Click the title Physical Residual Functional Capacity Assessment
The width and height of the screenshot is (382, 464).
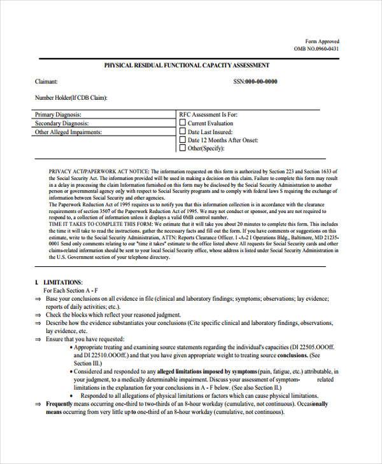tap(187, 65)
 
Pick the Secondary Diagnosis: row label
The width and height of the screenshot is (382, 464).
tap(61, 123)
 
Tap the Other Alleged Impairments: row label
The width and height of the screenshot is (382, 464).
tap(68, 132)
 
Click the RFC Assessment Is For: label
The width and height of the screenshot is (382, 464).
tap(206, 114)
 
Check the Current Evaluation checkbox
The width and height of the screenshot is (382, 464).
tap(183, 123)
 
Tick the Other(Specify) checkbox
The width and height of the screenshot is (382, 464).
tap(183, 148)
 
